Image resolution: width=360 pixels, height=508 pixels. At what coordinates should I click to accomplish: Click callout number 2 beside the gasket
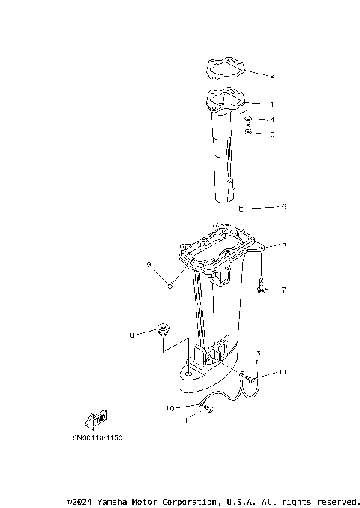pos(272,75)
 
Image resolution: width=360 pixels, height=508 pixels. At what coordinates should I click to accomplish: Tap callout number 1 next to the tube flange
pos(272,104)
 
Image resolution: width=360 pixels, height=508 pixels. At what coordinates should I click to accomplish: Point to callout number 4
pos(272,119)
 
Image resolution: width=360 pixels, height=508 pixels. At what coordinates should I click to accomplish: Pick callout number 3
pos(272,134)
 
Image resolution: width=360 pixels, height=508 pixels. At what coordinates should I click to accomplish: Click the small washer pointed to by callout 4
pos(248,119)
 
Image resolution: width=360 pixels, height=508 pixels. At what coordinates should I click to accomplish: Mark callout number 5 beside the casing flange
pos(283,244)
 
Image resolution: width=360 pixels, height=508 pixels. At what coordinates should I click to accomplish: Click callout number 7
pos(283,289)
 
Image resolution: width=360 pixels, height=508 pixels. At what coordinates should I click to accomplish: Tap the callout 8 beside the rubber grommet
pos(131,335)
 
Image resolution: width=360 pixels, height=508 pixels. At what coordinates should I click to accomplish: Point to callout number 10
pos(169,408)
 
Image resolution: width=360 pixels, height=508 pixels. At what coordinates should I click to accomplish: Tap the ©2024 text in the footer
pos(82,500)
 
